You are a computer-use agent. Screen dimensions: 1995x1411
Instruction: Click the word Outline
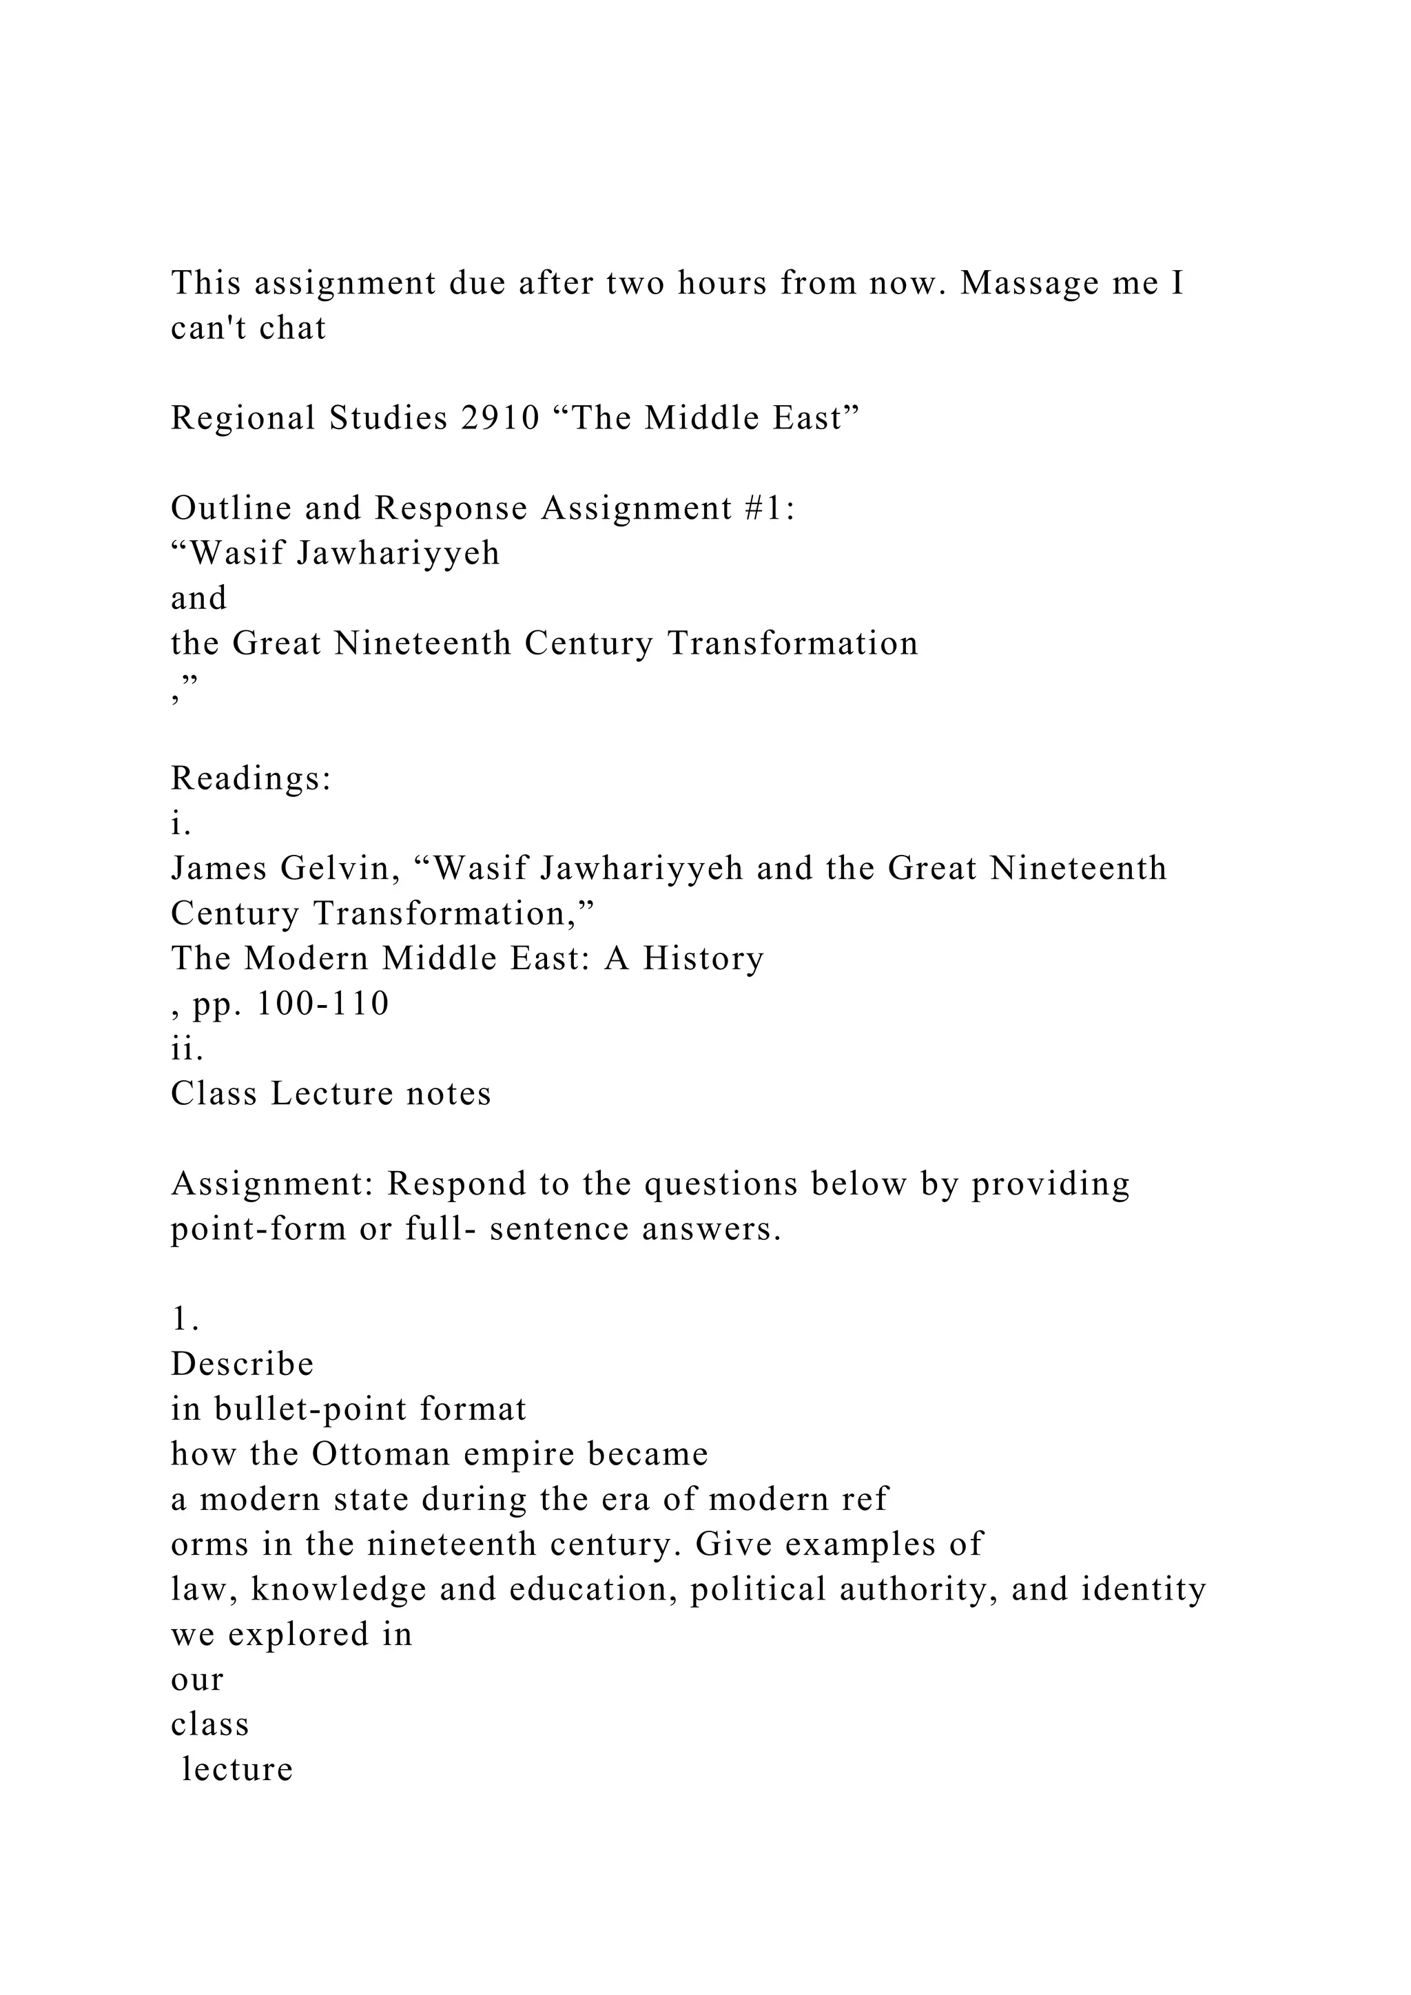(230, 509)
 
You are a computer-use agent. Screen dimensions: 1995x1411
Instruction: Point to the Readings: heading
(251, 779)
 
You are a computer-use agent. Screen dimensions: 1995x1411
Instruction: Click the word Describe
(243, 1364)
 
